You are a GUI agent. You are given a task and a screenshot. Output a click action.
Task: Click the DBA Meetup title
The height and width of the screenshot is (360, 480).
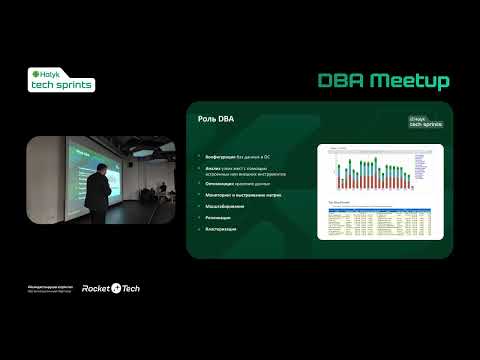coord(383,81)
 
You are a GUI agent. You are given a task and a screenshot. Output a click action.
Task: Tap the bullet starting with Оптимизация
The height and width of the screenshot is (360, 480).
coord(238,183)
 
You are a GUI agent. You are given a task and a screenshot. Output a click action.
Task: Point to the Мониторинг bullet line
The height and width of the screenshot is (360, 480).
coord(243,194)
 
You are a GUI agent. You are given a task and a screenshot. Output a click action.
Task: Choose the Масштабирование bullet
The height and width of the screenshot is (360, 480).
coord(225,205)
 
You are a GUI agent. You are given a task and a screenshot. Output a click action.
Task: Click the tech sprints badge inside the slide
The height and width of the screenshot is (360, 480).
coord(424,120)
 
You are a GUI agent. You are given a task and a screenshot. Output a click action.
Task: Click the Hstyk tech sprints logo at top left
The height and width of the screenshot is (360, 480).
coord(63,81)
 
